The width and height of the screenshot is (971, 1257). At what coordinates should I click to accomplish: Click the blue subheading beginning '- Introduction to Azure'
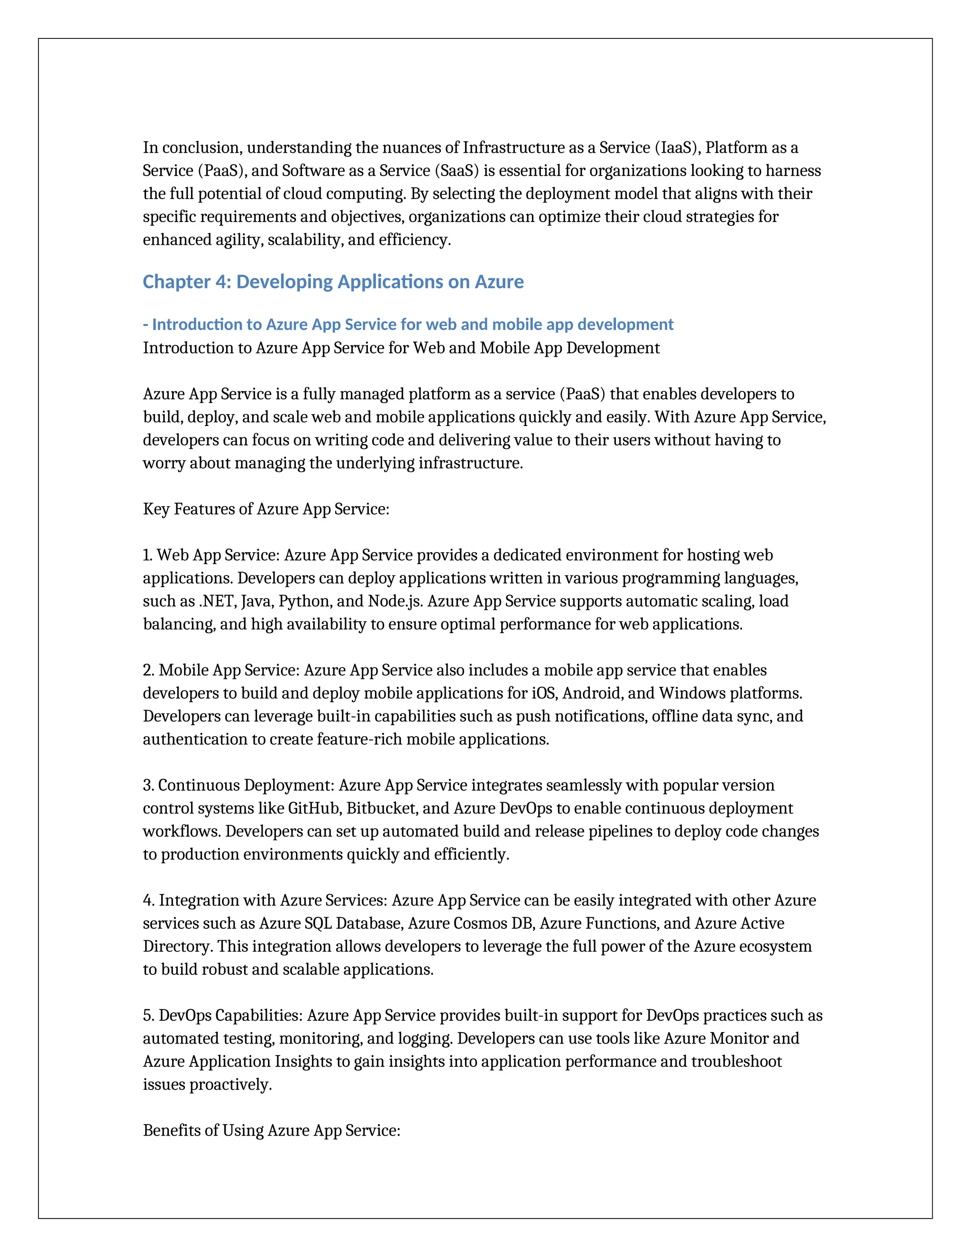[x=408, y=324]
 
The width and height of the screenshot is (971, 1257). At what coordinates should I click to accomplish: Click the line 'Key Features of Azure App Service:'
[x=266, y=509]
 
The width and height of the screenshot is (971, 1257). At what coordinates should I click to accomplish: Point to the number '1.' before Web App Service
[x=148, y=555]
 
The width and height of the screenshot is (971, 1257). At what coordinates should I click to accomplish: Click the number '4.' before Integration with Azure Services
[x=148, y=900]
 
